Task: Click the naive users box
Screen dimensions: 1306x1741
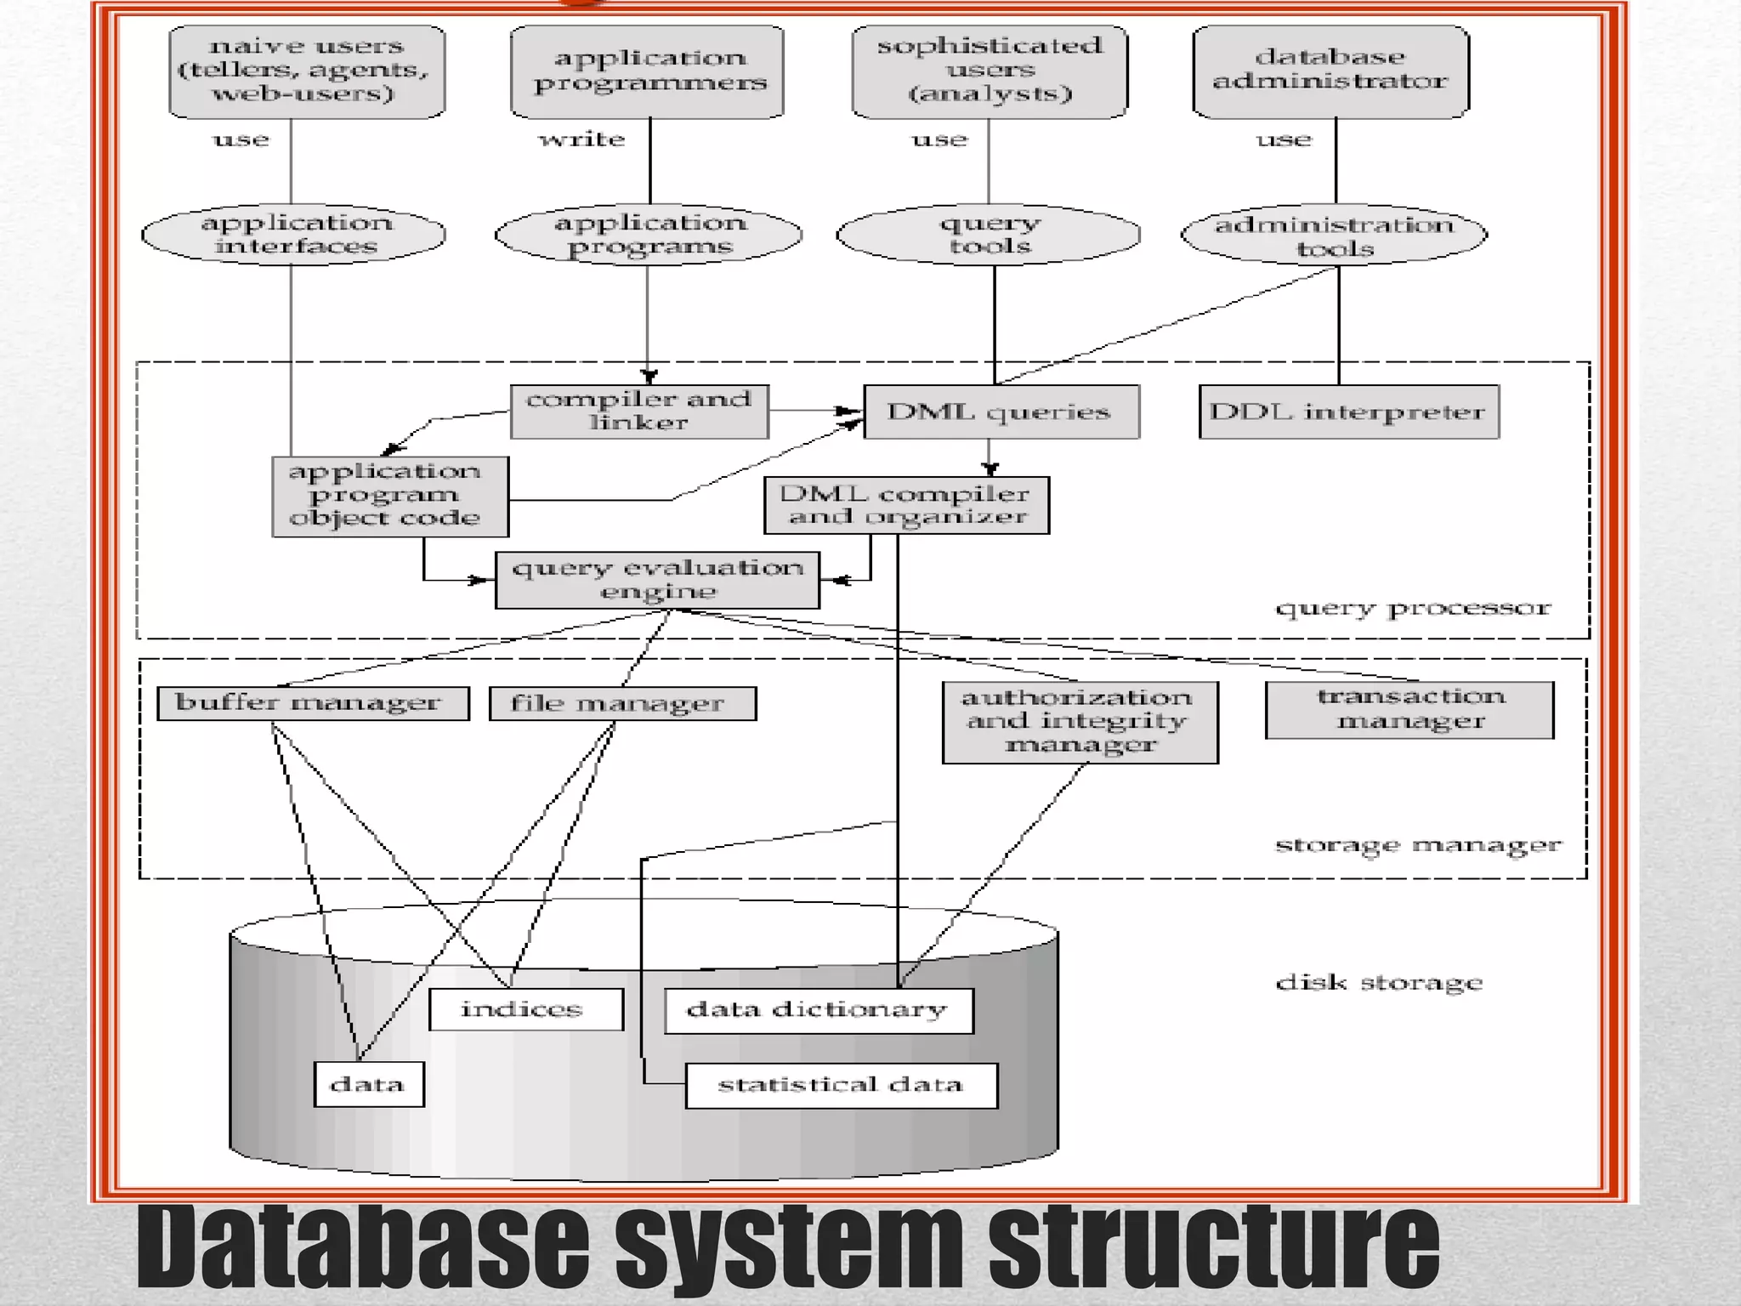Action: coord(307,71)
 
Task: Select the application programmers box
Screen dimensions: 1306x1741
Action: coord(648,71)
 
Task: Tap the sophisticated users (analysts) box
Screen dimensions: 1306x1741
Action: coord(990,71)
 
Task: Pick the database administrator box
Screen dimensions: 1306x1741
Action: coord(1330,71)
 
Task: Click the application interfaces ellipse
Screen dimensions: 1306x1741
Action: coord(294,235)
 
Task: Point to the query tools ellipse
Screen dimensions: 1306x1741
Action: coord(989,235)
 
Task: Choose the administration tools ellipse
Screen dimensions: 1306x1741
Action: coord(1334,236)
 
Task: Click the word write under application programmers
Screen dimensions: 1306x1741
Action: coord(582,139)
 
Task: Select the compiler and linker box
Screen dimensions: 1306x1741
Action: coord(639,412)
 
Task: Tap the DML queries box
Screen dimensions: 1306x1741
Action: coord(1001,412)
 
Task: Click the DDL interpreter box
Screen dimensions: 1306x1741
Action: coord(1348,412)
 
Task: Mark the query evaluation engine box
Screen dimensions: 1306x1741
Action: coord(657,580)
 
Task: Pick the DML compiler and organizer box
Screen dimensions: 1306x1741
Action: coord(906,505)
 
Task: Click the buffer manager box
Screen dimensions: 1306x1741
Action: coord(313,703)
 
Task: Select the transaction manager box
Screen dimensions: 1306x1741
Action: coord(1409,710)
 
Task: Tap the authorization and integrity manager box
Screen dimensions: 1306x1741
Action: coord(1080,722)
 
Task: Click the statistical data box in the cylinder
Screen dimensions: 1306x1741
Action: coord(841,1085)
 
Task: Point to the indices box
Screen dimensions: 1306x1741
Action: coord(525,1009)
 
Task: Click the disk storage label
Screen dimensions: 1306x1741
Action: coord(1379,984)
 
